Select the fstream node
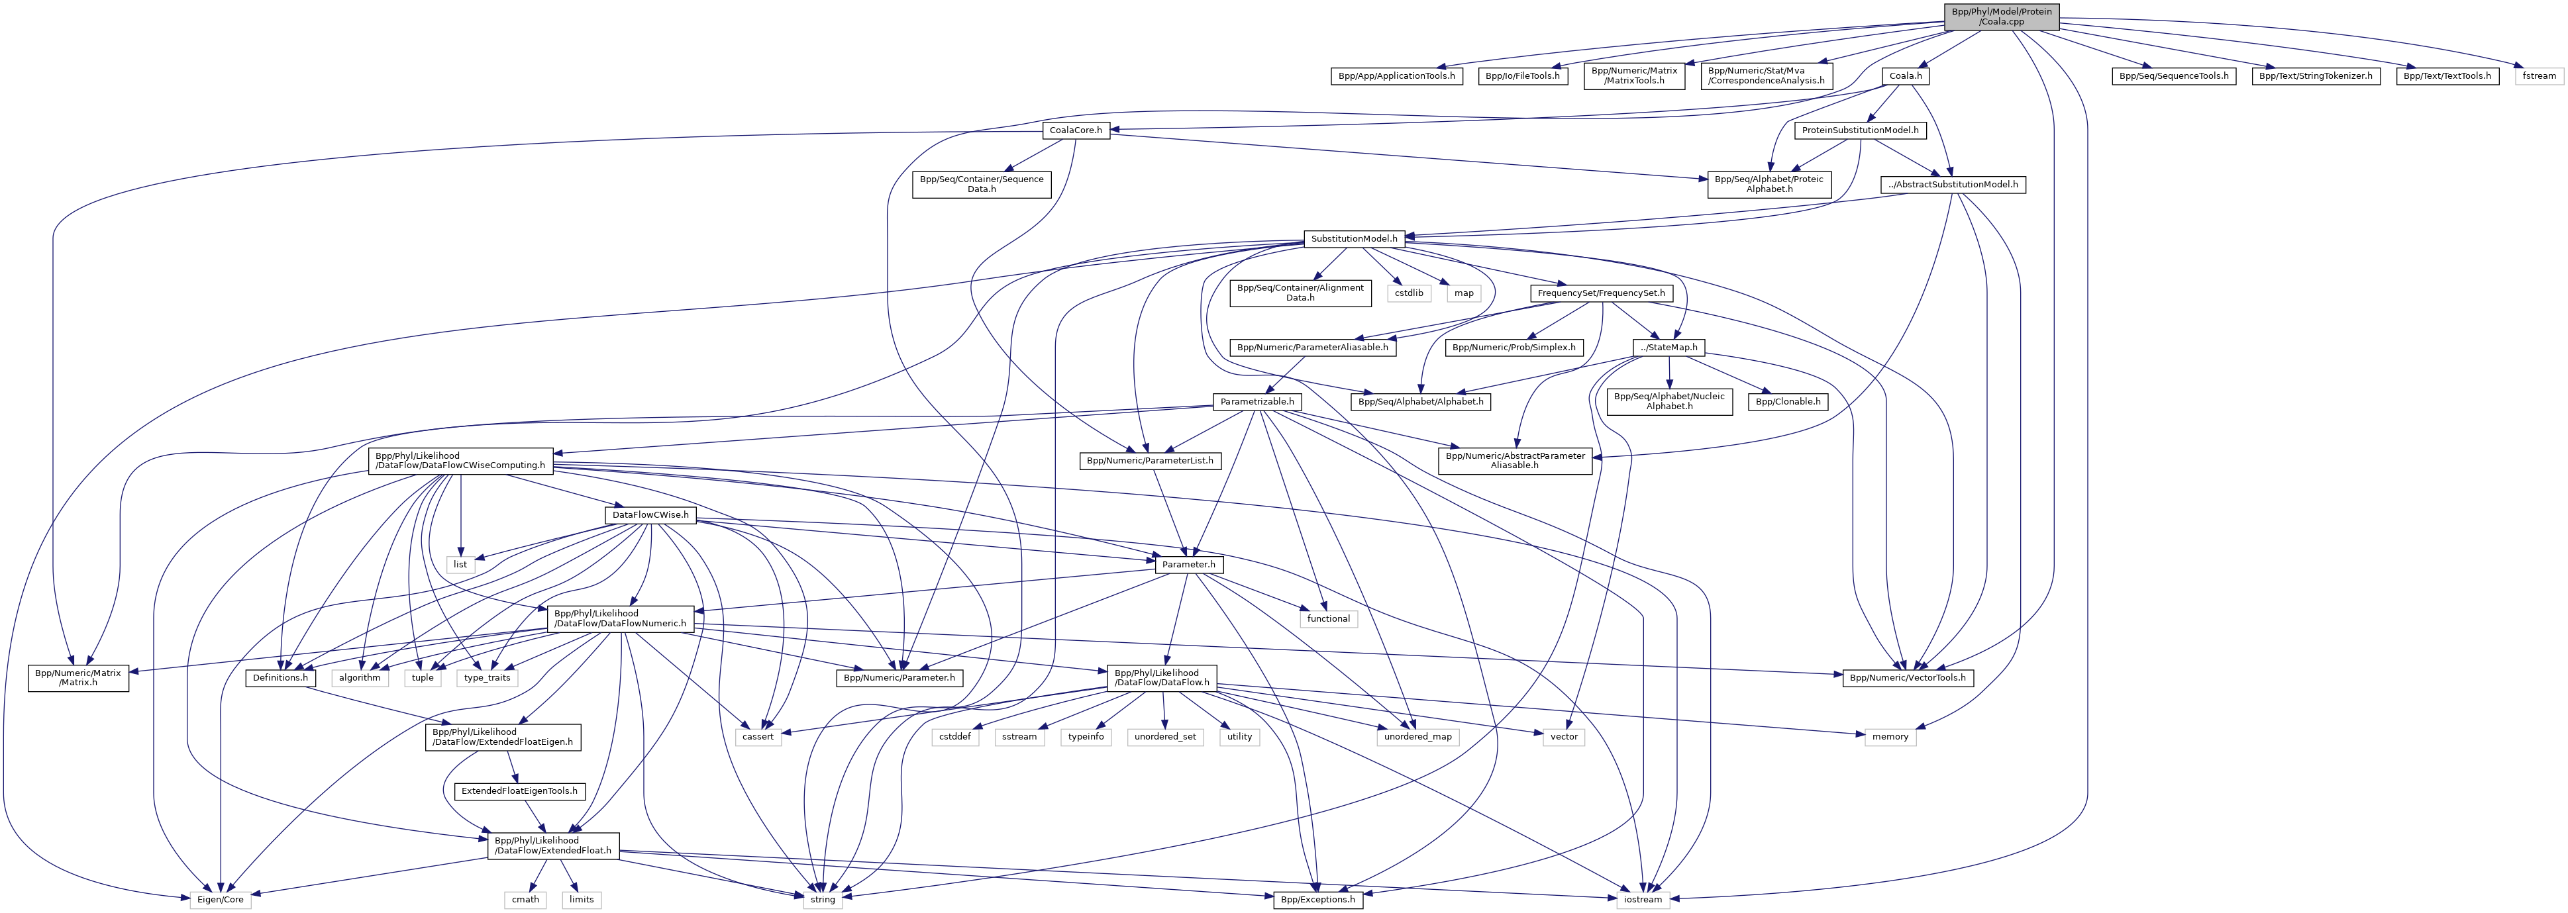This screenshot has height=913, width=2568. point(2538,75)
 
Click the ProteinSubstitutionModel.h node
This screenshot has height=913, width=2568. point(1859,130)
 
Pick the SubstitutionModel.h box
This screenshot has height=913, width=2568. point(1355,239)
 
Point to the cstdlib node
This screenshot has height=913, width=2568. point(1409,293)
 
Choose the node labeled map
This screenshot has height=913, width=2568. point(1463,293)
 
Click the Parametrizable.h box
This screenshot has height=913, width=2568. point(1257,402)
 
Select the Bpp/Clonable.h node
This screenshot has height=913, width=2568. point(1788,402)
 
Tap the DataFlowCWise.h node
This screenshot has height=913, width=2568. point(650,515)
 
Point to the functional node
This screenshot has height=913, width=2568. point(1328,619)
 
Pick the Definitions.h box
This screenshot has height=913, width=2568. point(279,678)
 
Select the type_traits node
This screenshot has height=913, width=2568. point(486,678)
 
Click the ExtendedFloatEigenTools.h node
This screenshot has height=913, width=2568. point(519,791)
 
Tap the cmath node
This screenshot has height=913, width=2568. point(525,899)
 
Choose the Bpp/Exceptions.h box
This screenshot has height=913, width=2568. point(1318,899)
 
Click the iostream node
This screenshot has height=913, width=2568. point(1642,899)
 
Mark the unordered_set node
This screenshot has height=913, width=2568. point(1164,737)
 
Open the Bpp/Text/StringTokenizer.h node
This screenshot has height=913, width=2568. point(2315,75)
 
